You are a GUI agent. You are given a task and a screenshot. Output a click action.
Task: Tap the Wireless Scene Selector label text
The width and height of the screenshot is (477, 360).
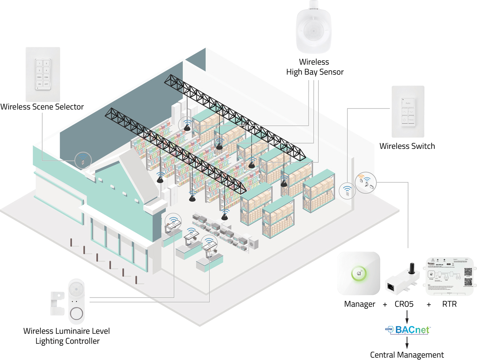[42, 107]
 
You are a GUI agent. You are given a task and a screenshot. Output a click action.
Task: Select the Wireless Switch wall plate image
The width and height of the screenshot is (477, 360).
[408, 112]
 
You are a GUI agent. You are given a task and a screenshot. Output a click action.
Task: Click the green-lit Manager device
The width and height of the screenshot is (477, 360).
[359, 274]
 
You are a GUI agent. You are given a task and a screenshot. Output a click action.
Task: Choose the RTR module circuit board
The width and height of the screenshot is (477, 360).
[450, 276]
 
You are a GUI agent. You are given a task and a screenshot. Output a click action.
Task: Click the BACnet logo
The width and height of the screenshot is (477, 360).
[408, 330]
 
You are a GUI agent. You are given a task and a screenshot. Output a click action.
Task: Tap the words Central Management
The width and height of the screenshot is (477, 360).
[407, 355]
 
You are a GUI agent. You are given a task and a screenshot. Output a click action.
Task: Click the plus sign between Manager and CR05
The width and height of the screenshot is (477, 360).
[385, 304]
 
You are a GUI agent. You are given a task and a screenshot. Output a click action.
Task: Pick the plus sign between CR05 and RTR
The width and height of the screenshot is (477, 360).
[429, 304]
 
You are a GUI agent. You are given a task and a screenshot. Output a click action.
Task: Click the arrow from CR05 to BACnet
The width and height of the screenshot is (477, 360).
[407, 317]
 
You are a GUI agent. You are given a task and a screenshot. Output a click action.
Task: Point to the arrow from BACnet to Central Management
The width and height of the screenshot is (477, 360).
[407, 342]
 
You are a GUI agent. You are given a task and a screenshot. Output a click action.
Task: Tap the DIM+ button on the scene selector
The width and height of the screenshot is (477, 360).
[39, 77]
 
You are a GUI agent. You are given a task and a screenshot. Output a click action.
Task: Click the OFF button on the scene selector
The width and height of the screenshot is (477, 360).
[46, 84]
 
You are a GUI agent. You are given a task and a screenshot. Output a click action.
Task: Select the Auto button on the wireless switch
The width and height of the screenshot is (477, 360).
[408, 103]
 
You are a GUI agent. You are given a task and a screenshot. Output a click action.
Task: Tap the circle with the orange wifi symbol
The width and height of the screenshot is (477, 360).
[366, 182]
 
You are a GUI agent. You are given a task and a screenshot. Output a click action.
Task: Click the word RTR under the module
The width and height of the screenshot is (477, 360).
[449, 304]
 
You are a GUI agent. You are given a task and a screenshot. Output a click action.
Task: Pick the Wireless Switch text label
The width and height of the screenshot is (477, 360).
[407, 146]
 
